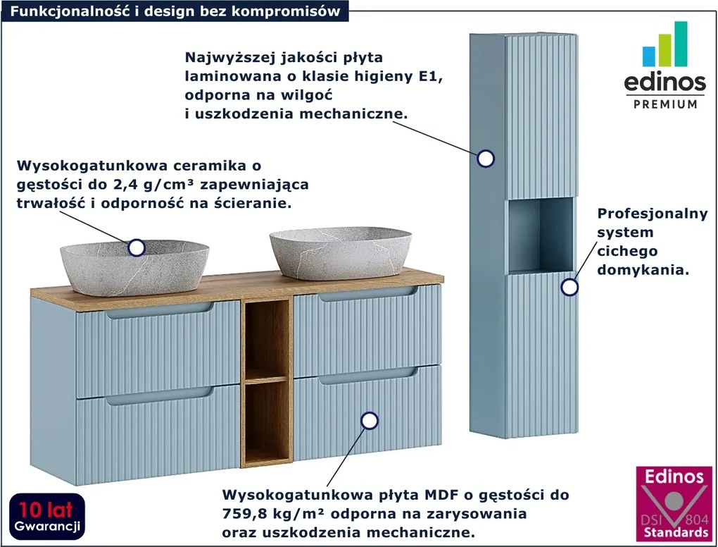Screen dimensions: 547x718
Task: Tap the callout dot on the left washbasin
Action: point(137,247)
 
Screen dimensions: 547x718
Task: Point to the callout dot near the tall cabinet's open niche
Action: point(569,287)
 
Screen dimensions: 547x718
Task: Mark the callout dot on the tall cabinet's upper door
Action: point(485,159)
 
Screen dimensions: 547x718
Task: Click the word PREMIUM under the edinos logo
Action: point(665,104)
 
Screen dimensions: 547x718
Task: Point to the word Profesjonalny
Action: point(652,214)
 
